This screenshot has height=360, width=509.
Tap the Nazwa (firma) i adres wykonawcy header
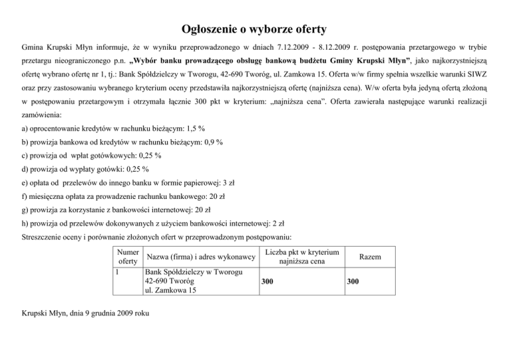(201, 257)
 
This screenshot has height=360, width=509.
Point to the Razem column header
(369, 257)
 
